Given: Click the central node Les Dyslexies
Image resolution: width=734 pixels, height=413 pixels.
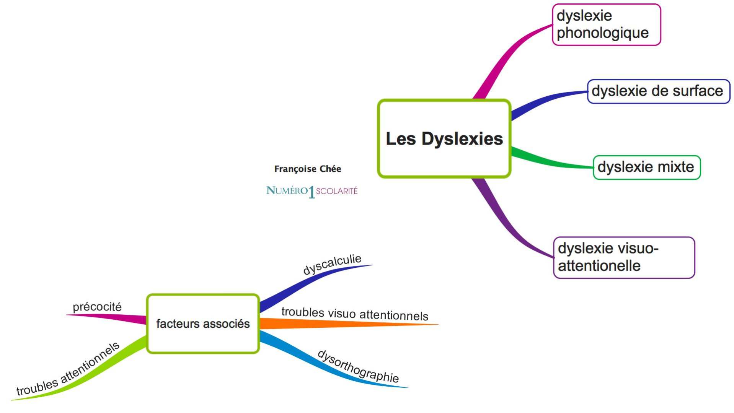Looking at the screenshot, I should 444,138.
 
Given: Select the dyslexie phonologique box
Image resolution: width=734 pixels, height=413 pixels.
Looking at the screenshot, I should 606,24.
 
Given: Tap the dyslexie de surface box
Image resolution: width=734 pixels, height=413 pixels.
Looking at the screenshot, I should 658,91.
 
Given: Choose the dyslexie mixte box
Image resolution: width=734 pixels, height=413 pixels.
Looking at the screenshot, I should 646,167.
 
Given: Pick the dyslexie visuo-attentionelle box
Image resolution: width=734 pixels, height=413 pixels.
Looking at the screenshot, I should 624,257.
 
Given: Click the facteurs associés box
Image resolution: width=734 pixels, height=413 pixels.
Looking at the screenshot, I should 203,324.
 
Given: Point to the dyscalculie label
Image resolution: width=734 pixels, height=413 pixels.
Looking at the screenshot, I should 332,264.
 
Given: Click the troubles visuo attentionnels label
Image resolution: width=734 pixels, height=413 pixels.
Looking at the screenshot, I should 355,314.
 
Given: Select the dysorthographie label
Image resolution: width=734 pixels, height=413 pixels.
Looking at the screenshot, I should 358,366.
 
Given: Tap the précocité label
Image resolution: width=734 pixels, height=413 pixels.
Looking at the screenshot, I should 97,307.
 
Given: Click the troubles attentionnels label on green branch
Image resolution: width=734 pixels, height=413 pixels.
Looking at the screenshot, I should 68,369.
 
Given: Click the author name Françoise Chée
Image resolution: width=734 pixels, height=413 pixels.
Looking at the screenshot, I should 307,169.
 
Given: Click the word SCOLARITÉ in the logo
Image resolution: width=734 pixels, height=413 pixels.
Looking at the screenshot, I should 337,191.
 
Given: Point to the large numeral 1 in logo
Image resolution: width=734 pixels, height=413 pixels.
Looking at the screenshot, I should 312,192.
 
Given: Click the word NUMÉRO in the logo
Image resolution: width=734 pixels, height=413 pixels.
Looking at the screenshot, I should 287,190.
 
